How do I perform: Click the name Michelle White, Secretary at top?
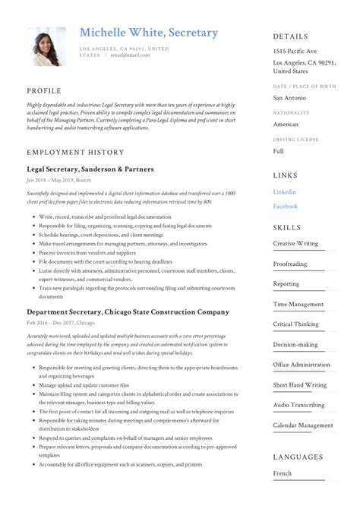[x=149, y=33]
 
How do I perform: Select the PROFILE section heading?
[x=44, y=90]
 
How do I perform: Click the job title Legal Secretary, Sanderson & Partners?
[x=90, y=169]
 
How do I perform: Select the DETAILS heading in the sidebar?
[x=291, y=36]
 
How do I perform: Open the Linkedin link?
[x=285, y=192]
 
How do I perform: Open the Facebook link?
[x=286, y=206]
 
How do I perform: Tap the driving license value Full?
[x=279, y=151]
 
